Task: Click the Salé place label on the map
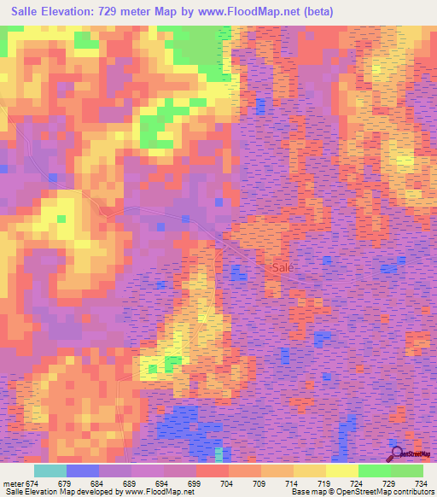tap(283, 267)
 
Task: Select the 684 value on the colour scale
tap(98, 482)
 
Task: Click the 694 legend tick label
tap(163, 482)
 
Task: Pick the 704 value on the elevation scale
tap(228, 482)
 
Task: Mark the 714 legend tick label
tap(293, 482)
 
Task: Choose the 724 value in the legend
tap(358, 482)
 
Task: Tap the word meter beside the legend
tap(12, 482)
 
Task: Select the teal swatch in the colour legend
tap(50, 471)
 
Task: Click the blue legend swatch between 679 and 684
tap(82, 471)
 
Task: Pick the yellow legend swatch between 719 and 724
tap(341, 471)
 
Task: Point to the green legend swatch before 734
tap(406, 471)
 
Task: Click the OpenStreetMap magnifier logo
tap(398, 453)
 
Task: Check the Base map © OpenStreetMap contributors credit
tap(359, 492)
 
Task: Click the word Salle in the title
tap(20, 12)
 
